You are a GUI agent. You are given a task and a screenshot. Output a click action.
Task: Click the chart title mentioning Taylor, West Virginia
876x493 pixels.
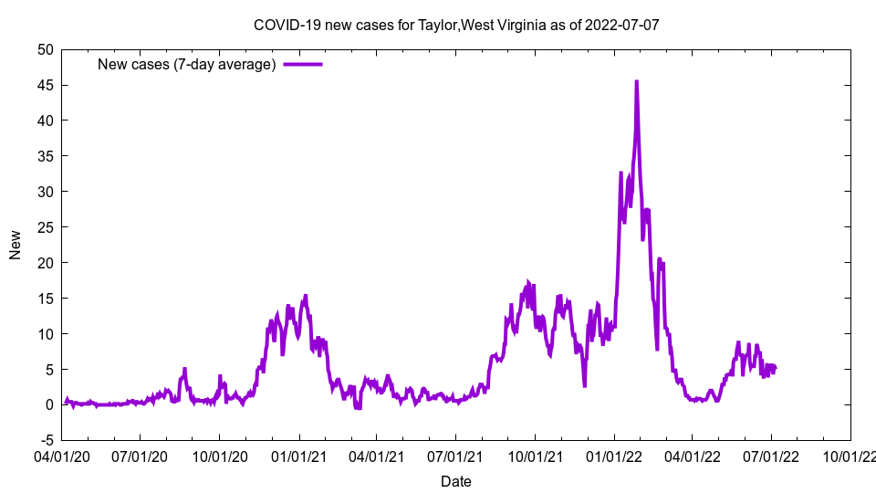[x=456, y=25]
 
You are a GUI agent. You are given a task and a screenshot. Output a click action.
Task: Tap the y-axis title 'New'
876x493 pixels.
[x=16, y=245]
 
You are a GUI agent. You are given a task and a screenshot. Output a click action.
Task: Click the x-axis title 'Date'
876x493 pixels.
[x=456, y=481]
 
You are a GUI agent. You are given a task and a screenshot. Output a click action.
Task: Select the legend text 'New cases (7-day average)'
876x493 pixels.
[x=186, y=64]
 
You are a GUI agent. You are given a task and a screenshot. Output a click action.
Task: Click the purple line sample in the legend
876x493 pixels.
[x=303, y=64]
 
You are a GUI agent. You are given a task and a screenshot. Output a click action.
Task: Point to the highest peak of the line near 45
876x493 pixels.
[x=636, y=81]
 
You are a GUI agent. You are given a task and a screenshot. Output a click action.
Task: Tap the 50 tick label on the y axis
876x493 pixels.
[x=45, y=49]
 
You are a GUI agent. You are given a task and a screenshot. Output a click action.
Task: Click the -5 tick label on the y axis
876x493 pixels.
[x=45, y=440]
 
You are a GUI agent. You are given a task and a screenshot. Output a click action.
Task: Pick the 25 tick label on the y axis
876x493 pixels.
[x=45, y=226]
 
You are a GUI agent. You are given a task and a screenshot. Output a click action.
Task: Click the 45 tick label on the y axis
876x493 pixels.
[x=45, y=85]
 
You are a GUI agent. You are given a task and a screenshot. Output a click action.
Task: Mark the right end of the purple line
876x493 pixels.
[x=776, y=368]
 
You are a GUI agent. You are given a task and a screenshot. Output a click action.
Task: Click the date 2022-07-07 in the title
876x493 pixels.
[x=624, y=25]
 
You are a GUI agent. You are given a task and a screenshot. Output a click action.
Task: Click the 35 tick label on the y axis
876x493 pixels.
[x=45, y=156]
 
